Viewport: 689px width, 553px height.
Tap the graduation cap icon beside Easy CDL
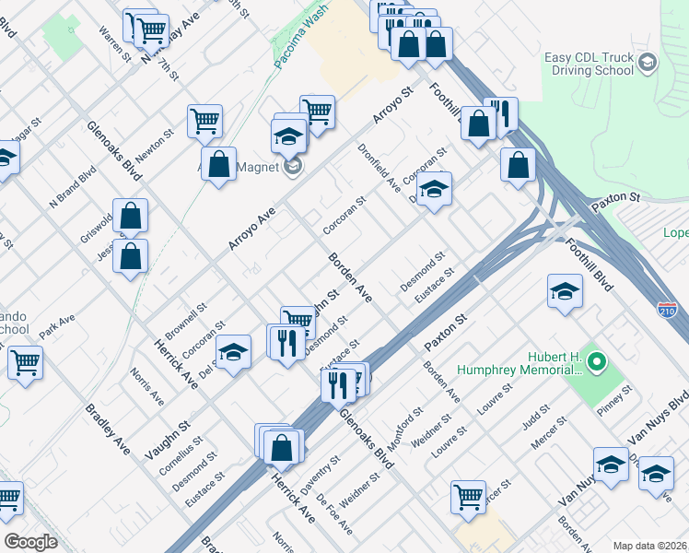pos(648,63)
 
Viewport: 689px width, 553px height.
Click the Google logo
pos(31,542)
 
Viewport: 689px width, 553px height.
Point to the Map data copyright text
pos(649,545)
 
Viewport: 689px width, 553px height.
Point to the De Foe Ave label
pos(333,514)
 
